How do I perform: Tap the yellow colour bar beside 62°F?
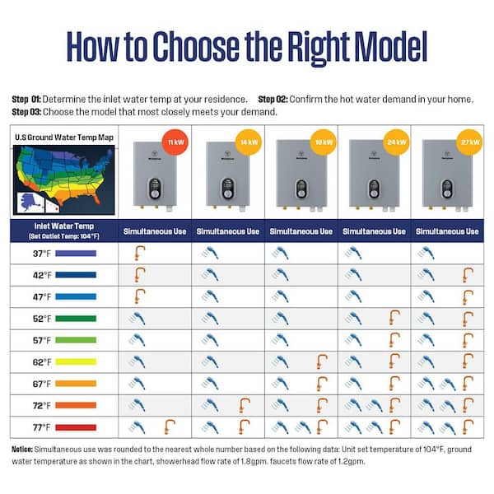[x=77, y=361]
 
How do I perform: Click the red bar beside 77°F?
[x=77, y=426]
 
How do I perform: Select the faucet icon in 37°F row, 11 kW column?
[x=139, y=253]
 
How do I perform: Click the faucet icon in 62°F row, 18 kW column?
[x=320, y=361]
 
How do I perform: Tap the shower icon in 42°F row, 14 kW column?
[x=211, y=275]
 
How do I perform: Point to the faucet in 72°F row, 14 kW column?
[x=244, y=404]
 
